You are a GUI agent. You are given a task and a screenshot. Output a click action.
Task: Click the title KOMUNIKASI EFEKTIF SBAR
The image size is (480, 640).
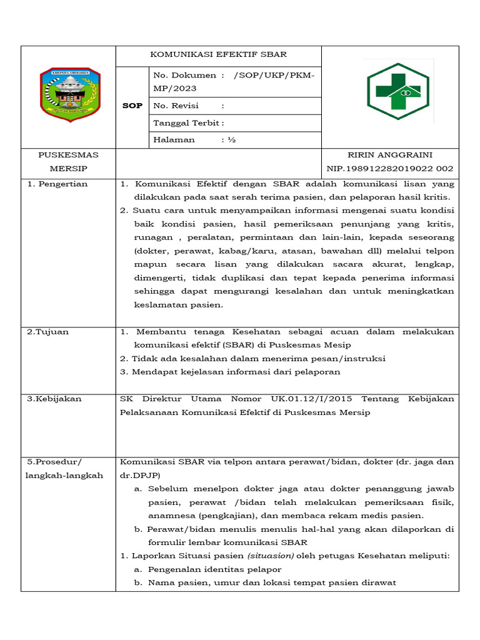[x=218, y=54]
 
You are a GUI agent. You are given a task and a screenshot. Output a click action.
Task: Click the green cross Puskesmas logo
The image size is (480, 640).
[x=397, y=91]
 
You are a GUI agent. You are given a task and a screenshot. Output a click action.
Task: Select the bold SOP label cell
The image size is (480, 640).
[x=132, y=106]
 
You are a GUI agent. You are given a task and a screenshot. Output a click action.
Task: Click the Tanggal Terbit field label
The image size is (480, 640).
[x=188, y=123]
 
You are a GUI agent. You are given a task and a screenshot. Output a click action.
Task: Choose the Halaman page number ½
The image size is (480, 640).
[x=231, y=140]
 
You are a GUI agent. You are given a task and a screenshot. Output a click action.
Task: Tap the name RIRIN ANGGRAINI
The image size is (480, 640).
[x=390, y=155]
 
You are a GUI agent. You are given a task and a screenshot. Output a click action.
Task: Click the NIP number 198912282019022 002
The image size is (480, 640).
[x=390, y=169]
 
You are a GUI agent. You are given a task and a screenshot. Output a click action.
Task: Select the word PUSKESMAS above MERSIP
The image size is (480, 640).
[x=68, y=155]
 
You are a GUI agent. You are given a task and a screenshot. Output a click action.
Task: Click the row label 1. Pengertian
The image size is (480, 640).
[x=57, y=184]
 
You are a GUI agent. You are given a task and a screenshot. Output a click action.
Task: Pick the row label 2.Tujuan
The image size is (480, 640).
[x=48, y=332]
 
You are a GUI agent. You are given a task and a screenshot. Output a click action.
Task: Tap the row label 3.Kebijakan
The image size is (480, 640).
[x=54, y=399]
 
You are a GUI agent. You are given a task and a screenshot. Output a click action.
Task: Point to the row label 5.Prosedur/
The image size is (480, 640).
[x=54, y=462]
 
